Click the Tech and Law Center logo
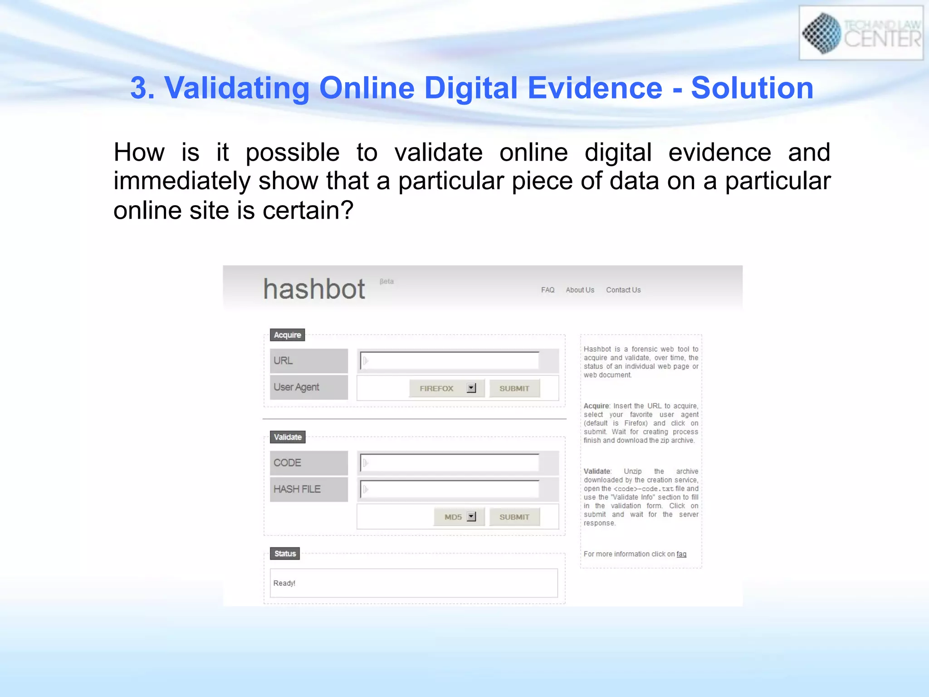861,33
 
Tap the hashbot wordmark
314,289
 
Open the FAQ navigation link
548,290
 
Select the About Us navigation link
580,290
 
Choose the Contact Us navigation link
623,290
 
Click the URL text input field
450,361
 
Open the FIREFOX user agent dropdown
447,388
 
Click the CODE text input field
450,463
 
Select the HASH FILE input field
450,489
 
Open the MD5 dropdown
459,517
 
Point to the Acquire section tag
287,335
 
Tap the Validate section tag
288,437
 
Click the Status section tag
285,554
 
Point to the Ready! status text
284,583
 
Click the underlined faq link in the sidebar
681,554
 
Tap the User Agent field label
296,387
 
